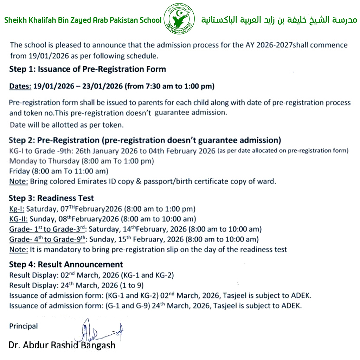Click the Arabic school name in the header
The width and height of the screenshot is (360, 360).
279,20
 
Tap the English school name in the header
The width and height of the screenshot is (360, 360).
83,20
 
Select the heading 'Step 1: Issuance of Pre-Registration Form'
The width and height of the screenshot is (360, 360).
87,69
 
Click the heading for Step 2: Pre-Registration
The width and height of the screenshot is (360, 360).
145,141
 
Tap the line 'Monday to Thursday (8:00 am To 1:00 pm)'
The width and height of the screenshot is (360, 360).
82,161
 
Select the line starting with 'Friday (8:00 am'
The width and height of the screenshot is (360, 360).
59,172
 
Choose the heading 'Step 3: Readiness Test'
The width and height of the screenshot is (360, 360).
51,198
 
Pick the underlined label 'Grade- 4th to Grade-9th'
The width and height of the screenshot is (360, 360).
48,240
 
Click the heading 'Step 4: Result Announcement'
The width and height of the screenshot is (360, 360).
66,264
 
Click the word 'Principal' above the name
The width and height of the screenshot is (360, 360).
23,326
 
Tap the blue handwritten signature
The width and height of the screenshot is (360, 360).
100,330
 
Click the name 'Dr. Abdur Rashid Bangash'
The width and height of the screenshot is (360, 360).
62,345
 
